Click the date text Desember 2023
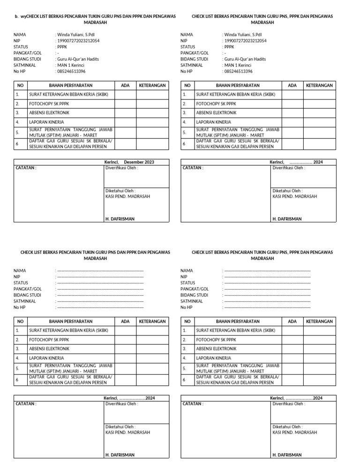[139, 162]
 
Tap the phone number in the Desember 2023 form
[71, 71]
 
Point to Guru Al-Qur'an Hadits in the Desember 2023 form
[78, 59]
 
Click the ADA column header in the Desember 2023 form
[125, 85]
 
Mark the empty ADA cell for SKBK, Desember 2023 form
[125, 94]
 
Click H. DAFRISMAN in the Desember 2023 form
[120, 219]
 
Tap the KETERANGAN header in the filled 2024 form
[319, 85]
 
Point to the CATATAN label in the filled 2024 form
[193, 167]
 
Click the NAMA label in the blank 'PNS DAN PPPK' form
[20, 271]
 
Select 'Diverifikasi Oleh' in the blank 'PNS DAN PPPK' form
[122, 403]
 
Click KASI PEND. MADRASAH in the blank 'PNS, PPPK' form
[295, 432]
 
